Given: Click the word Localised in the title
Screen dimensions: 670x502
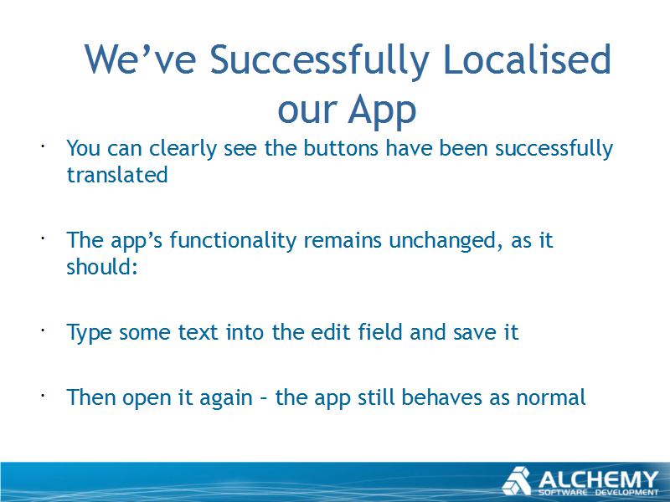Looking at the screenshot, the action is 528,59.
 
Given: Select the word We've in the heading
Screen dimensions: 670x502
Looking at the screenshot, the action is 140,59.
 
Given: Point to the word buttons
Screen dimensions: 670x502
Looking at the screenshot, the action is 341,148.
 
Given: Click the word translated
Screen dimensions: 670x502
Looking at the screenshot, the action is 117,175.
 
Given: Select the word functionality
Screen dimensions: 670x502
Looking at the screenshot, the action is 233,241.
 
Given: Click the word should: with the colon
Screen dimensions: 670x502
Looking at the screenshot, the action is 101,267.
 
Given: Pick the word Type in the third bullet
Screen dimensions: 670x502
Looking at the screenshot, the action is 89,333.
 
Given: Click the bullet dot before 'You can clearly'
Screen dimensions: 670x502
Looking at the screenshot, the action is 44,146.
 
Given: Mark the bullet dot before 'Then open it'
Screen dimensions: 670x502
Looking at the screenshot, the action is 44,396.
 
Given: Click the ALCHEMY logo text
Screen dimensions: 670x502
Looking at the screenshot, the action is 598,479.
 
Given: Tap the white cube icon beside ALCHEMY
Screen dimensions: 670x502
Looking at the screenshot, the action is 517,481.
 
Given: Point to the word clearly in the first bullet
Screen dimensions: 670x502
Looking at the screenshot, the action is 183,150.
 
